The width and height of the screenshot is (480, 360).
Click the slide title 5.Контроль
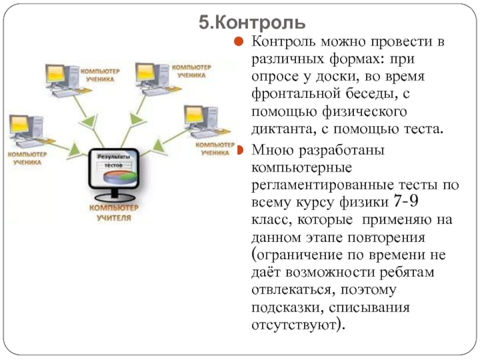pyautogui.click(x=252, y=23)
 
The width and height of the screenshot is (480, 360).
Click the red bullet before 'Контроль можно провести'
pyautogui.click(x=238, y=41)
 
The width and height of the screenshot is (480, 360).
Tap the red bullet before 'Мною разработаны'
pyautogui.click(x=239, y=150)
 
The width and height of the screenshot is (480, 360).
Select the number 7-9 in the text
pyautogui.click(x=406, y=201)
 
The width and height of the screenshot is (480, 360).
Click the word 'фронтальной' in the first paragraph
pyautogui.click(x=296, y=93)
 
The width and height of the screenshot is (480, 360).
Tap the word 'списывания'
pyautogui.click(x=369, y=307)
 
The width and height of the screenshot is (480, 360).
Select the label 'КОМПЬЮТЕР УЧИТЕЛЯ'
pyautogui.click(x=114, y=212)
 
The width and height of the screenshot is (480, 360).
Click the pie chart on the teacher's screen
pyautogui.click(x=121, y=177)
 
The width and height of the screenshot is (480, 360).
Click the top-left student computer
pyautogui.click(x=66, y=80)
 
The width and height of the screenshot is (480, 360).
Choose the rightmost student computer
pyautogui.click(x=205, y=122)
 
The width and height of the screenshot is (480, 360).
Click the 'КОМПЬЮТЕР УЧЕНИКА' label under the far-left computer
pyautogui.click(x=27, y=158)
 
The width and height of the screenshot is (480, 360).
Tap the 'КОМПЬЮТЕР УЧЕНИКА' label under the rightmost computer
pyautogui.click(x=215, y=148)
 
